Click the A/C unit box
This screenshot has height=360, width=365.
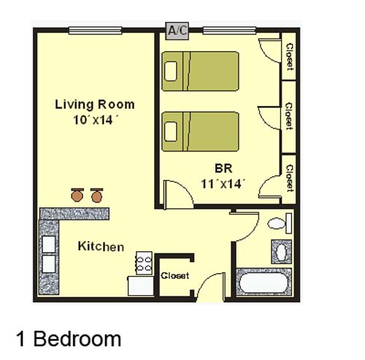177,31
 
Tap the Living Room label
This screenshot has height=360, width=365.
95,104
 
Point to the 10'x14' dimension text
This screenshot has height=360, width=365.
96,120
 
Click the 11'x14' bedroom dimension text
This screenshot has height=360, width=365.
223,183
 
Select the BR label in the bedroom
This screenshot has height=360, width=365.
223,169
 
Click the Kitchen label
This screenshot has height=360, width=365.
101,246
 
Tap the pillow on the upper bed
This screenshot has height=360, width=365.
171,71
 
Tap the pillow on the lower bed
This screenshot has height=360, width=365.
171,131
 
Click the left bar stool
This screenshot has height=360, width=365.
77,195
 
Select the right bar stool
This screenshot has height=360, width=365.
96,195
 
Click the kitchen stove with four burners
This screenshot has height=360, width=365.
145,263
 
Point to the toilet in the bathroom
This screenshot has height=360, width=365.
280,223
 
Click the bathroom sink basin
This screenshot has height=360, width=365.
282,252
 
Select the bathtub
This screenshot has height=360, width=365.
264,283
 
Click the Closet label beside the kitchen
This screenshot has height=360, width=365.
175,275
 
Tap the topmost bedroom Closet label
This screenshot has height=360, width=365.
290,57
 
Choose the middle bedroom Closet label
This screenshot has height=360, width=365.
289,116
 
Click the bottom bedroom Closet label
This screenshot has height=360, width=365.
290,178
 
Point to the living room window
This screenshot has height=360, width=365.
95,31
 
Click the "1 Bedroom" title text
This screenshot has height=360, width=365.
69,339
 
